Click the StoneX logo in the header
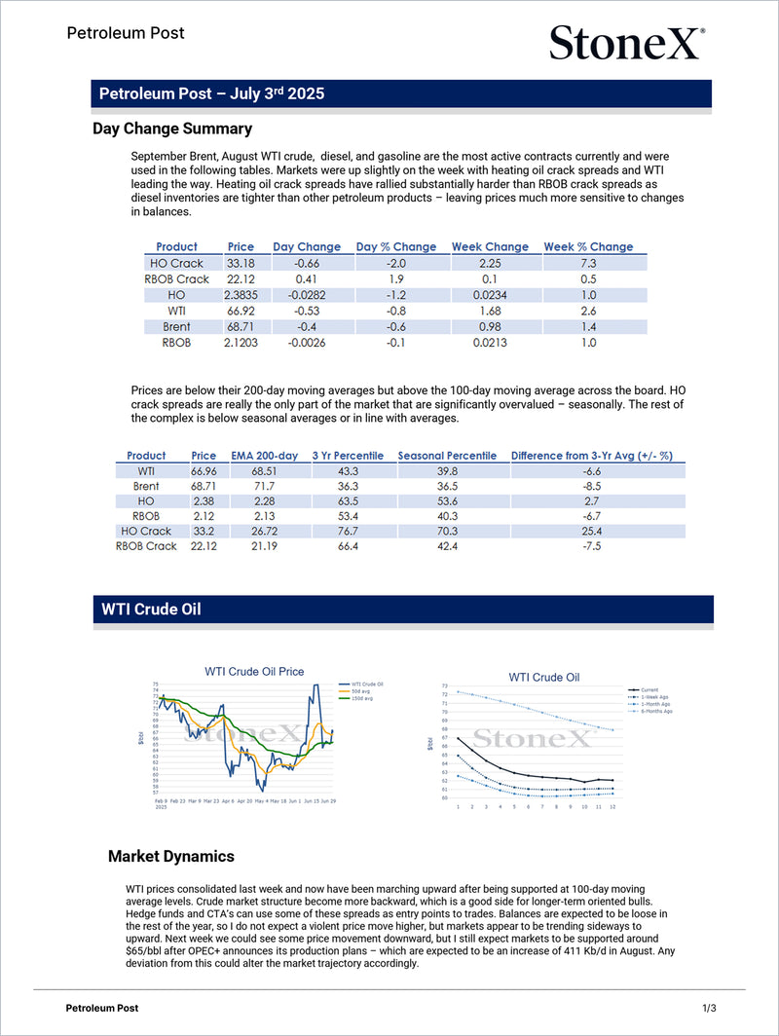[626, 43]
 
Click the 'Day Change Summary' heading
[172, 129]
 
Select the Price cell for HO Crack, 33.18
[241, 263]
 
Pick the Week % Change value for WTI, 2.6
[588, 311]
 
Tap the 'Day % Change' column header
[396, 246]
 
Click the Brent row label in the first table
[176, 326]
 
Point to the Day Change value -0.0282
[307, 295]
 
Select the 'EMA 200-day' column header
[264, 455]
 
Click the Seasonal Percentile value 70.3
[447, 531]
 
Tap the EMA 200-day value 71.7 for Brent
[264, 485]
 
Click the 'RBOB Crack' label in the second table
[146, 546]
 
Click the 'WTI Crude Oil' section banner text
[151, 610]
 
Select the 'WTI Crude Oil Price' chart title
[253, 671]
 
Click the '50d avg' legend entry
[360, 691]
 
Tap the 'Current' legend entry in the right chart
[649, 688]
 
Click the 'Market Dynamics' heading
[170, 856]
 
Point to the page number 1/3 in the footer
[709, 1007]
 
